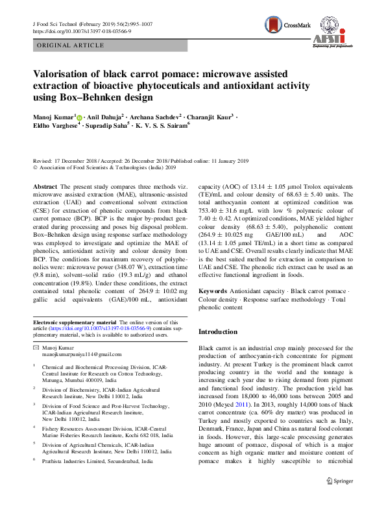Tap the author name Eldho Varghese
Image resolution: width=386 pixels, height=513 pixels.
[55, 127]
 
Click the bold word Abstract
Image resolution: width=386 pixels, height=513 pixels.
[45, 186]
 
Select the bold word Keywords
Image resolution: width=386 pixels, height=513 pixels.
[212, 291]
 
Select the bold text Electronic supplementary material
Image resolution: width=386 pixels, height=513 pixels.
[75, 322]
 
